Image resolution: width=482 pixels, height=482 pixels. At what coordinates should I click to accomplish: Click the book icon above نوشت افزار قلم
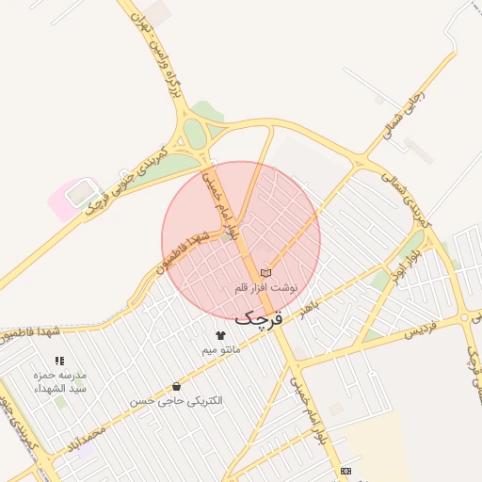(265, 271)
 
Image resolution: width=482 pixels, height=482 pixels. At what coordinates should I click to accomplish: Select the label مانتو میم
(221, 350)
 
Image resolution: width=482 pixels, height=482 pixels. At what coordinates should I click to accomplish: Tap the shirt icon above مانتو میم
(221, 335)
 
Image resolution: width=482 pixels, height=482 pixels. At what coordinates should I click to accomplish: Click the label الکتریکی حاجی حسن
(177, 401)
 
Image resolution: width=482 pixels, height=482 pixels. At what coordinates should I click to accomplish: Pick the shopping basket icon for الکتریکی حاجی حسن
(177, 386)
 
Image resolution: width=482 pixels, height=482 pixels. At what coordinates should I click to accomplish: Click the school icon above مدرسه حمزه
(59, 360)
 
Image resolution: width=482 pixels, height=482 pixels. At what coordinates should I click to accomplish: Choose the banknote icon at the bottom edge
(346, 470)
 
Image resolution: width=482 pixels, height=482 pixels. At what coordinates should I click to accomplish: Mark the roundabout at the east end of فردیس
(464, 317)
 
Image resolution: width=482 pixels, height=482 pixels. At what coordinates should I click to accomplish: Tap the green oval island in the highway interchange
(195, 134)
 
